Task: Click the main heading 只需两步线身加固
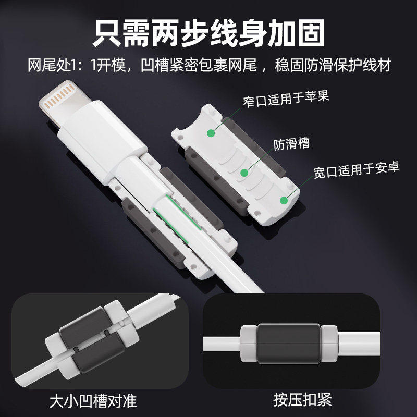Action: point(208,32)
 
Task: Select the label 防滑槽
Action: point(291,144)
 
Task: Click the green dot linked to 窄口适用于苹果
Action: point(211,132)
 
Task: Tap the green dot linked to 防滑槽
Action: point(243,173)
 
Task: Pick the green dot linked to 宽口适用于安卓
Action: point(284,200)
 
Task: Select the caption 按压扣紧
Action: point(302,400)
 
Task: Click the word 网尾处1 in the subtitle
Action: point(52,66)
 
